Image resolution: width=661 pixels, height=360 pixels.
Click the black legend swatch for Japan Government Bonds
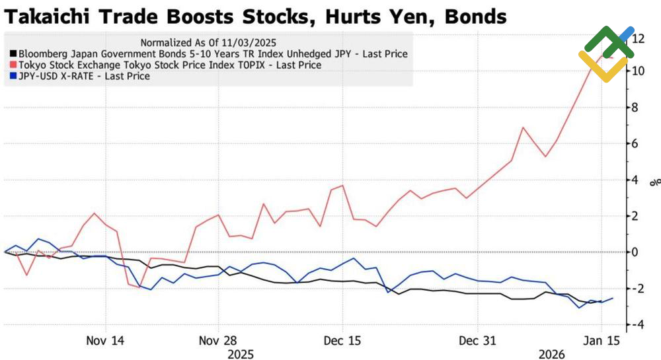click(13, 54)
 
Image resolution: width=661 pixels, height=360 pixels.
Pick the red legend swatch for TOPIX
click(13, 65)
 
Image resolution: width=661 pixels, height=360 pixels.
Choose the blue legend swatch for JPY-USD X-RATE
click(13, 76)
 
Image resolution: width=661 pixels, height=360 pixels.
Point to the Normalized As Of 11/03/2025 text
click(208, 42)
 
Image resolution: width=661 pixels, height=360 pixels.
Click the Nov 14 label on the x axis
click(106, 341)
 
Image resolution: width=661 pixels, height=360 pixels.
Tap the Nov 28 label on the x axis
click(219, 341)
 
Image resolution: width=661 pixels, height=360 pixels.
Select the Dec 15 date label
click(342, 341)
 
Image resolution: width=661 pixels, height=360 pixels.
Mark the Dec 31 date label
click(477, 341)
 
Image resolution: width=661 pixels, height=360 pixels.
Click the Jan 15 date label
click(601, 341)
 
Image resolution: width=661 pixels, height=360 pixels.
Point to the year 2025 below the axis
click(241, 354)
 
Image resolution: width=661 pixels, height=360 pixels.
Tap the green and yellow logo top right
click(605, 53)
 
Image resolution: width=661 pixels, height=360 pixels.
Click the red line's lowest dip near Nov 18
click(139, 287)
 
